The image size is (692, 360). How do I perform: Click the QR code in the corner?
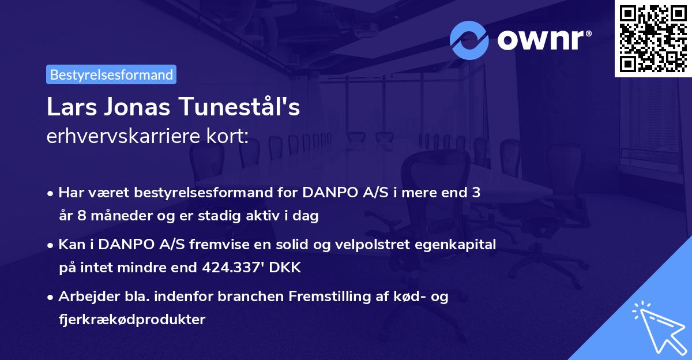(653, 38)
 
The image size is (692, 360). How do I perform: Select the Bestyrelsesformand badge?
(111, 74)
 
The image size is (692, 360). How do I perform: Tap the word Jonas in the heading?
(137, 108)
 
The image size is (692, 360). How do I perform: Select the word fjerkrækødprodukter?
(131, 319)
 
